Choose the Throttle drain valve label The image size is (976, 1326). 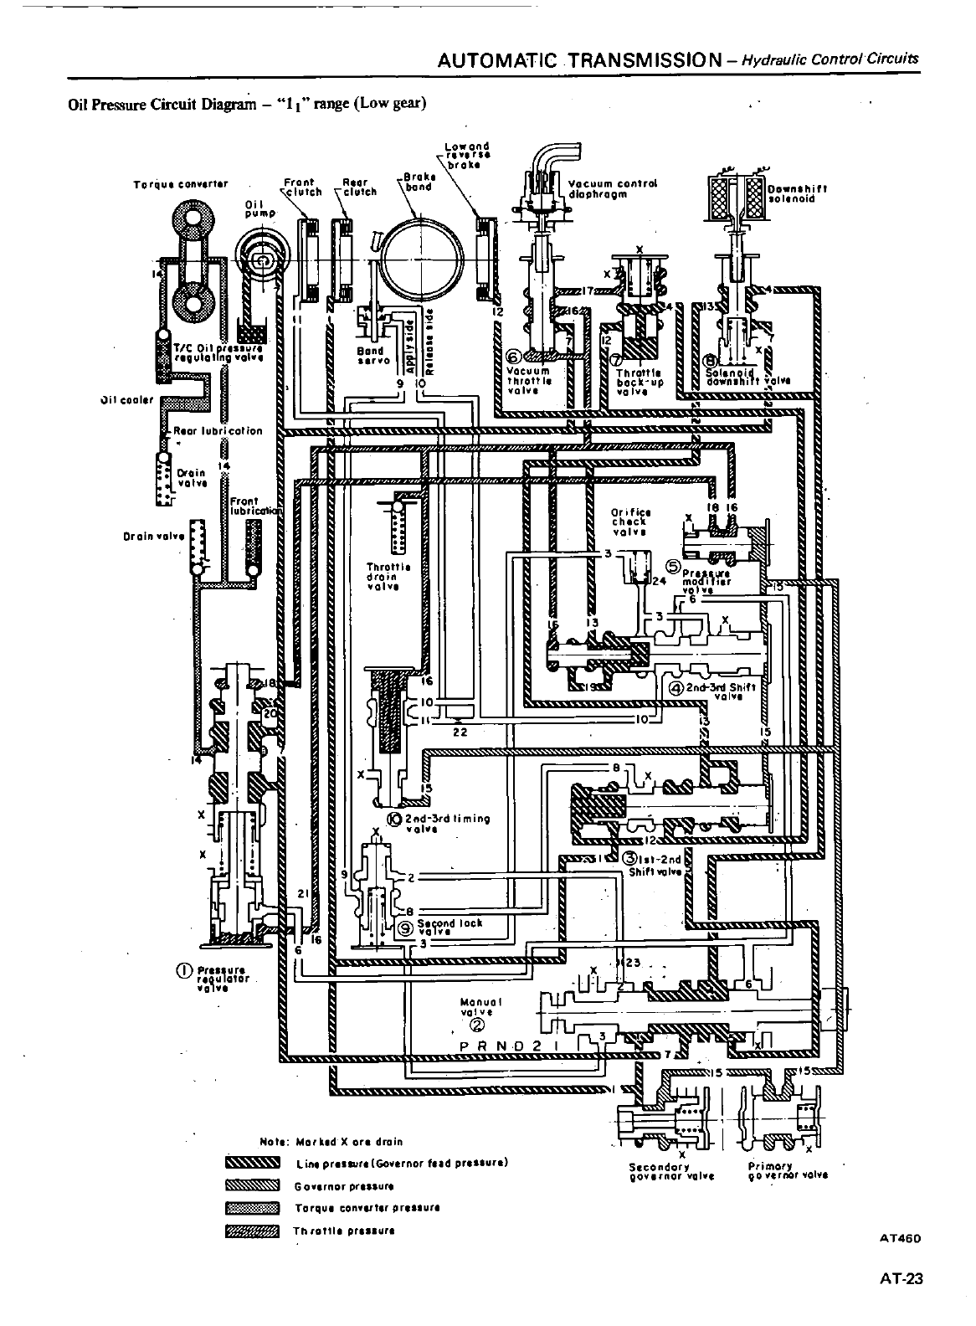pyautogui.click(x=388, y=576)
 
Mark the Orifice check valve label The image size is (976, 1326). pyautogui.click(x=631, y=521)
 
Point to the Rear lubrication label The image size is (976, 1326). pyautogui.click(x=218, y=431)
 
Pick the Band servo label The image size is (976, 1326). pyautogui.click(x=369, y=357)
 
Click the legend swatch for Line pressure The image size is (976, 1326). pyautogui.click(x=251, y=1164)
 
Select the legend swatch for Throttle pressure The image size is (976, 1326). pyautogui.click(x=251, y=1231)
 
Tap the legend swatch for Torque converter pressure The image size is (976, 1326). pyautogui.click(x=251, y=1208)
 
